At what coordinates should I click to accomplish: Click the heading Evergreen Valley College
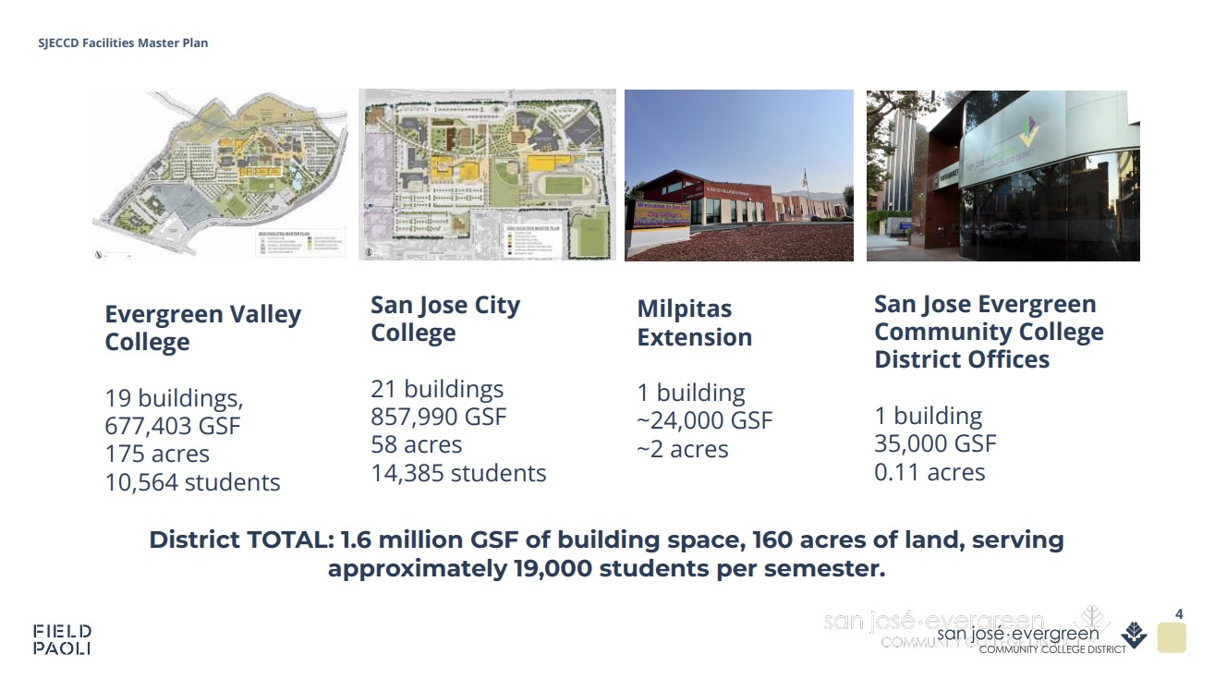tap(202, 328)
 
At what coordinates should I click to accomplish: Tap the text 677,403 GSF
tap(173, 426)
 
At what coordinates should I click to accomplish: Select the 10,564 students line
tap(192, 482)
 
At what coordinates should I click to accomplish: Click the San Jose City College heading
tap(445, 319)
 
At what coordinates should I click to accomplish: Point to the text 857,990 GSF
tap(439, 417)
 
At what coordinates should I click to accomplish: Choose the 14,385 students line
tap(458, 473)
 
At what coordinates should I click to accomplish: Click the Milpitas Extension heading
tap(694, 322)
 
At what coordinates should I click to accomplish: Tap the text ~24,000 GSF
tap(704, 421)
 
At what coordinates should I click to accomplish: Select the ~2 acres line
tap(682, 450)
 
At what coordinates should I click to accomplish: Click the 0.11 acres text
tap(929, 472)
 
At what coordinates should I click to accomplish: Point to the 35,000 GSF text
tap(935, 443)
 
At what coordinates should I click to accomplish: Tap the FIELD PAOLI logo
tap(62, 639)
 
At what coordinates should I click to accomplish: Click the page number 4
tap(1178, 613)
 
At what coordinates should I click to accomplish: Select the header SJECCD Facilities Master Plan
tap(123, 43)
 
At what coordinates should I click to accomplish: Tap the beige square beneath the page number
tap(1171, 638)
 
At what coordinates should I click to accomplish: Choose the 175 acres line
tap(157, 455)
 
